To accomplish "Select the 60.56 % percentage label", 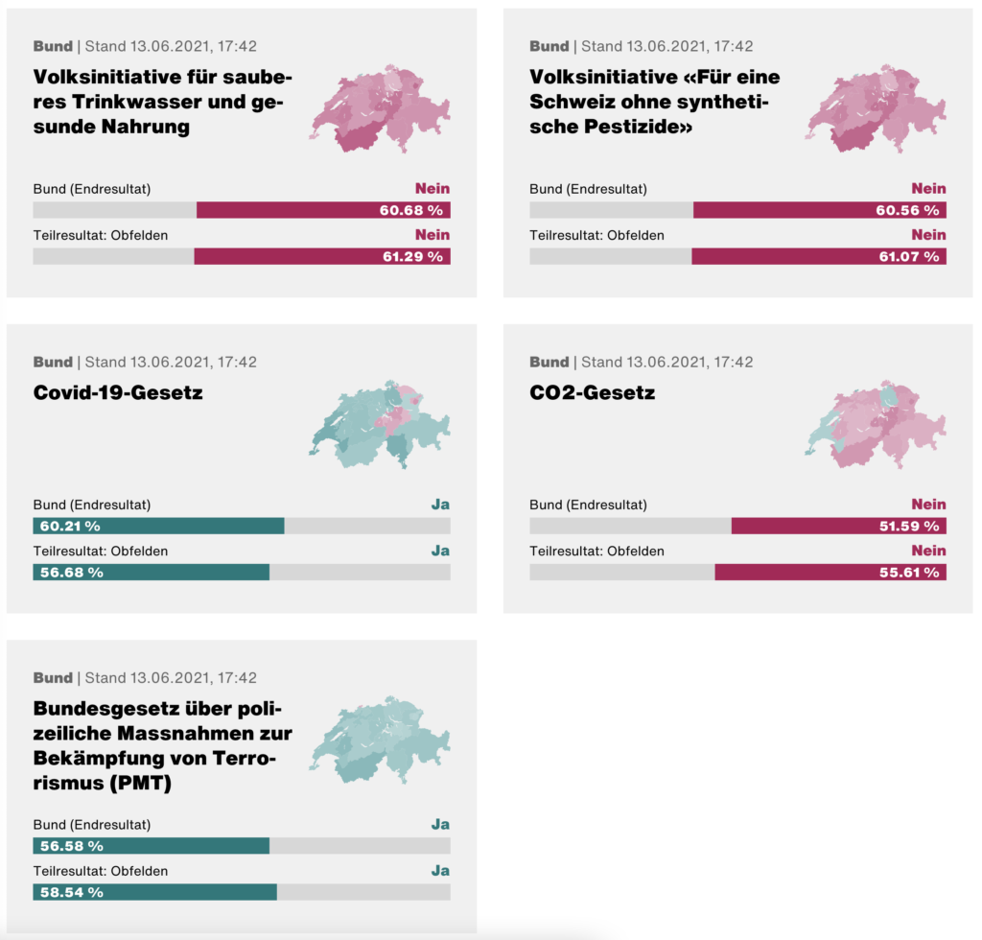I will click(x=907, y=211).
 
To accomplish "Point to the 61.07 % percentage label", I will click(x=907, y=257).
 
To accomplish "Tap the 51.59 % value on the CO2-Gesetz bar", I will click(x=907, y=527).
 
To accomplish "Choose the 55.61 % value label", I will click(x=907, y=573).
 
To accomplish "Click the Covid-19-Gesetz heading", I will click(x=118, y=392).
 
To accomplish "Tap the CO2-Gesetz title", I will click(x=592, y=392).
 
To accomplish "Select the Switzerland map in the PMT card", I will click(x=380, y=740).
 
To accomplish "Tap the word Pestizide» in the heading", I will click(x=633, y=127).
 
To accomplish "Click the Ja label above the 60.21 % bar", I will click(x=440, y=505).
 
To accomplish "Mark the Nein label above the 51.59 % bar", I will click(x=928, y=505).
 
